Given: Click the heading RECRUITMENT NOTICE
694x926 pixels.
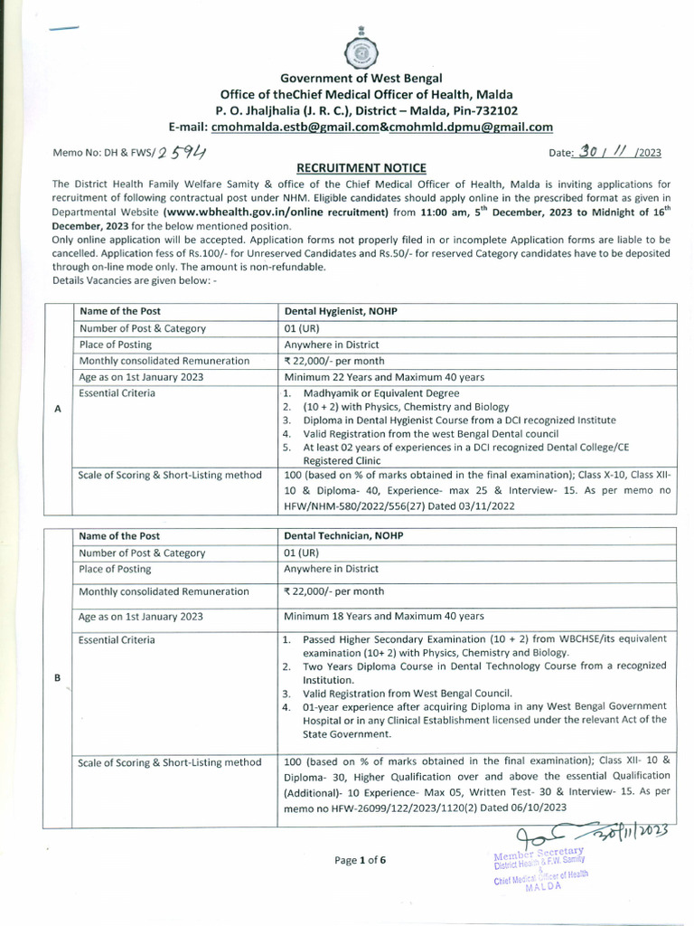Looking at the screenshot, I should click(x=348, y=168).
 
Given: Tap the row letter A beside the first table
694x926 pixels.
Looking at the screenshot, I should click(x=58, y=409).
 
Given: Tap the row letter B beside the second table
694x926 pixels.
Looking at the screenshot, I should click(x=58, y=679).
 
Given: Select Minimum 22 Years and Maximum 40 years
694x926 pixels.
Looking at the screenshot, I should click(x=384, y=377).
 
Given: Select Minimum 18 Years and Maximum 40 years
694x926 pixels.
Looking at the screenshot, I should click(x=384, y=616).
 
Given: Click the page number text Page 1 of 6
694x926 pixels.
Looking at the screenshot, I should click(x=360, y=860).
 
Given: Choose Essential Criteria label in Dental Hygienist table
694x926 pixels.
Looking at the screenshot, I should click(x=117, y=393).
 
